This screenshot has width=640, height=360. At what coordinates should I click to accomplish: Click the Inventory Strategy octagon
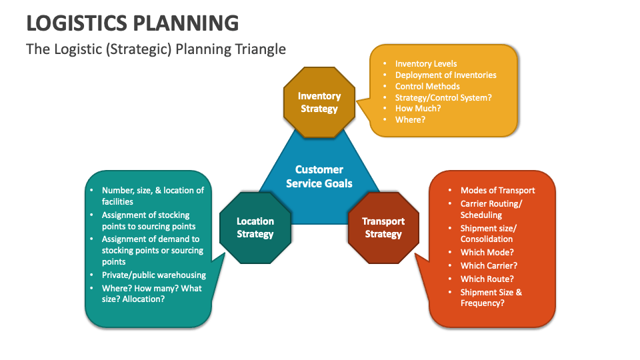coord(319,102)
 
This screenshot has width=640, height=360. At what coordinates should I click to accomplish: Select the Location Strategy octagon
coord(255,227)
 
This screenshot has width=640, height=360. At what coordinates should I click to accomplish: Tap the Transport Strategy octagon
coord(383,227)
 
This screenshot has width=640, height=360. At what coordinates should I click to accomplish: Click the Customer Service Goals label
coord(319,176)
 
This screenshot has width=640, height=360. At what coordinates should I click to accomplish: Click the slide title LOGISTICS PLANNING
coord(132,23)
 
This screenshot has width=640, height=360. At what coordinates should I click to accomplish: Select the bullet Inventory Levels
coord(426,64)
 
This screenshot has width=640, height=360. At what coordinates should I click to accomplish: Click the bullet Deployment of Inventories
coord(445,75)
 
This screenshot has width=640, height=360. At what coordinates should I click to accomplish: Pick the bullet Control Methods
coord(427,86)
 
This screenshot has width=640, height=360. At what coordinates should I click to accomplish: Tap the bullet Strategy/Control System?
coord(443,97)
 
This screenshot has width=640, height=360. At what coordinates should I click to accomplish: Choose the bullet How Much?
coord(418,108)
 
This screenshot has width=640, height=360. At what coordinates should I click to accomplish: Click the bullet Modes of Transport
coord(497,190)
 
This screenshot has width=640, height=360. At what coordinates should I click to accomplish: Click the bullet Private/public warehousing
coord(153,275)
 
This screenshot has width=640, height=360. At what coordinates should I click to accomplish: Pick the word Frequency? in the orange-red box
coord(482,303)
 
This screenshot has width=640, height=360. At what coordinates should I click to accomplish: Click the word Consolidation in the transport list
coord(487,239)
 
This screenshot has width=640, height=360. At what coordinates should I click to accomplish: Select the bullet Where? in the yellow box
coord(409,119)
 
